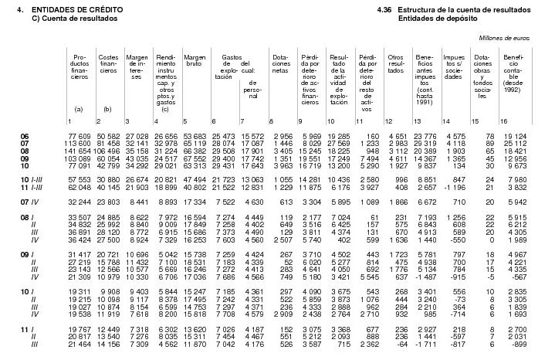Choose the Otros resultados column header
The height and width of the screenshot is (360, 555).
click(x=395, y=63)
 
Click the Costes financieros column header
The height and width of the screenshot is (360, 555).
click(x=108, y=63)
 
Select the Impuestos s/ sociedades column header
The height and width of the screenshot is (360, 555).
click(x=454, y=66)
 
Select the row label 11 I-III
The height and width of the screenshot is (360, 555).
click(x=32, y=188)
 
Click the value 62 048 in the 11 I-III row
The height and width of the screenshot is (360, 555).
click(x=80, y=188)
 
